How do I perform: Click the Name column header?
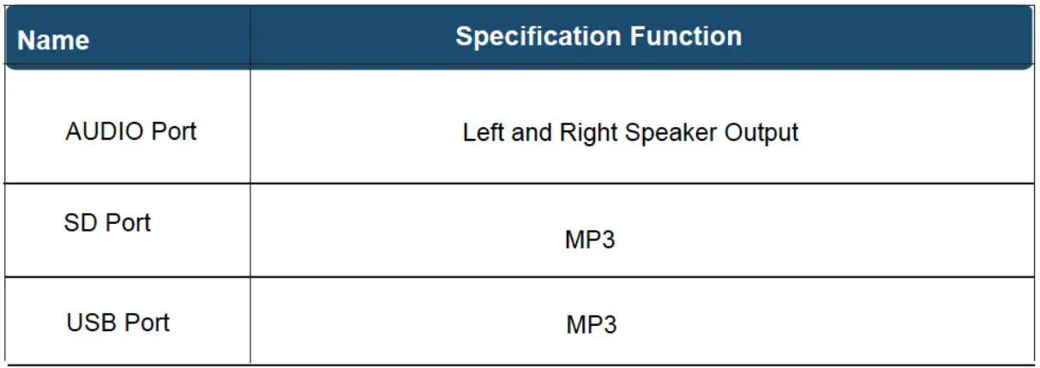point(53,40)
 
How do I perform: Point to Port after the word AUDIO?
point(174,131)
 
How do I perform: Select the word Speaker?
point(671,133)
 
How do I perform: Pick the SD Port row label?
point(107,223)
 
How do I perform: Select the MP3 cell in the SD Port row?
point(590,239)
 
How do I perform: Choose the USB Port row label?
point(118,323)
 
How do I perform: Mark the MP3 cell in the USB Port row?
point(591,325)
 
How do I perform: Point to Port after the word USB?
point(147,323)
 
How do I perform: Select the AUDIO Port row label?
point(131,131)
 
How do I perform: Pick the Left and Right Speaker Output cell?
point(630,133)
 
